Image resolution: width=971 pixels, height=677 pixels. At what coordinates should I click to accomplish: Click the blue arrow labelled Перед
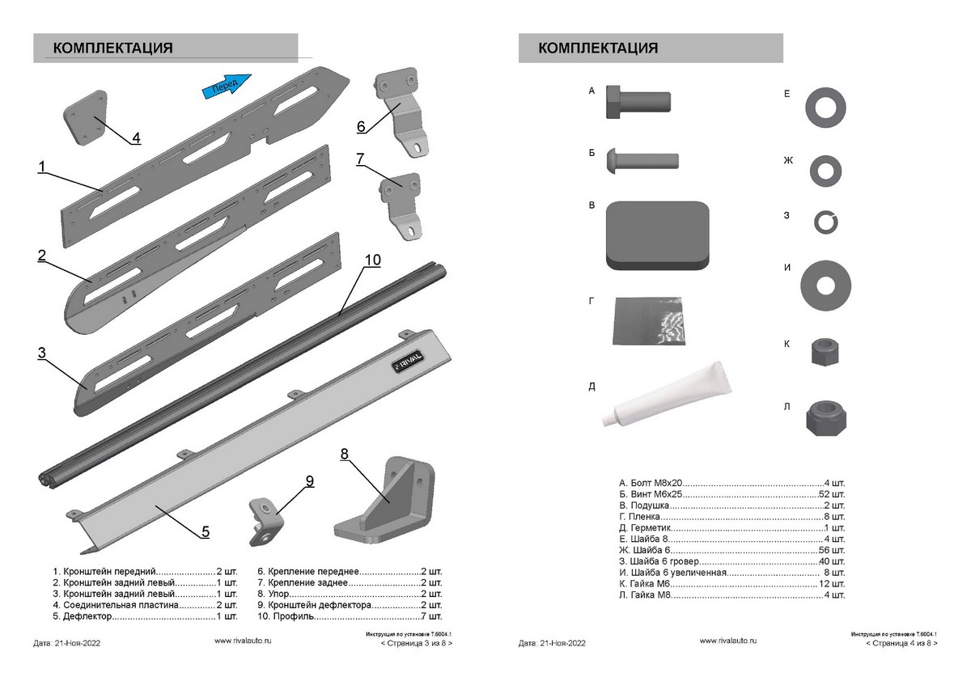pos(226,85)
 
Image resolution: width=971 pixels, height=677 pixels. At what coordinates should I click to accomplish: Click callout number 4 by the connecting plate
pos(136,138)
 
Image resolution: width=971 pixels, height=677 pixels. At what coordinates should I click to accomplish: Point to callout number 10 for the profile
pos(372,260)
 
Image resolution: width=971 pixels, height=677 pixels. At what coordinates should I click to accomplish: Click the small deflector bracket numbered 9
pos(265,514)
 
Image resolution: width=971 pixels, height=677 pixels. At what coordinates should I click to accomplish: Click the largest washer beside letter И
pos(825,285)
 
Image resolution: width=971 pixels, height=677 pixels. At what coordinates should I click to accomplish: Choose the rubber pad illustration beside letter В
pos(657,235)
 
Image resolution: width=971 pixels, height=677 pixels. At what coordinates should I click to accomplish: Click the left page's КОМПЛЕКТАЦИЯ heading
pos(112,48)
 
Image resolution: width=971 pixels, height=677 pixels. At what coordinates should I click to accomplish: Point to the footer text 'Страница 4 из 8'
pos(901,644)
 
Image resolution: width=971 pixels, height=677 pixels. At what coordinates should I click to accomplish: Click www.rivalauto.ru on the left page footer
pos(242,640)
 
